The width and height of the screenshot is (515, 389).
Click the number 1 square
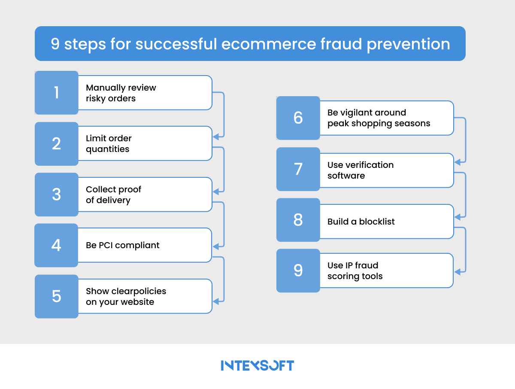point(56,93)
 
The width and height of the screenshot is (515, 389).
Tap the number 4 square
point(56,245)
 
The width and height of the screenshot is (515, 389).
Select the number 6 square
point(298,118)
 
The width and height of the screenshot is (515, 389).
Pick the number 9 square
point(298,270)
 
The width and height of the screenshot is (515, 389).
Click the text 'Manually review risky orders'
point(121,93)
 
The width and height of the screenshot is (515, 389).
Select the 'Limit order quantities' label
point(109,143)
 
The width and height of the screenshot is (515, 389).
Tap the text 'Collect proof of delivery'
point(113,194)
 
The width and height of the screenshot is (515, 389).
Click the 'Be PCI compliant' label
point(122,245)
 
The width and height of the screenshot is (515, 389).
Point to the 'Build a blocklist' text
point(361,222)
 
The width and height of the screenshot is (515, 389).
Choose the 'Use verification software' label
point(360,170)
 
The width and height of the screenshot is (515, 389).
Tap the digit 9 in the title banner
point(55,44)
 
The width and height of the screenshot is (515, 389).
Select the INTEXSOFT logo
point(257,365)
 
